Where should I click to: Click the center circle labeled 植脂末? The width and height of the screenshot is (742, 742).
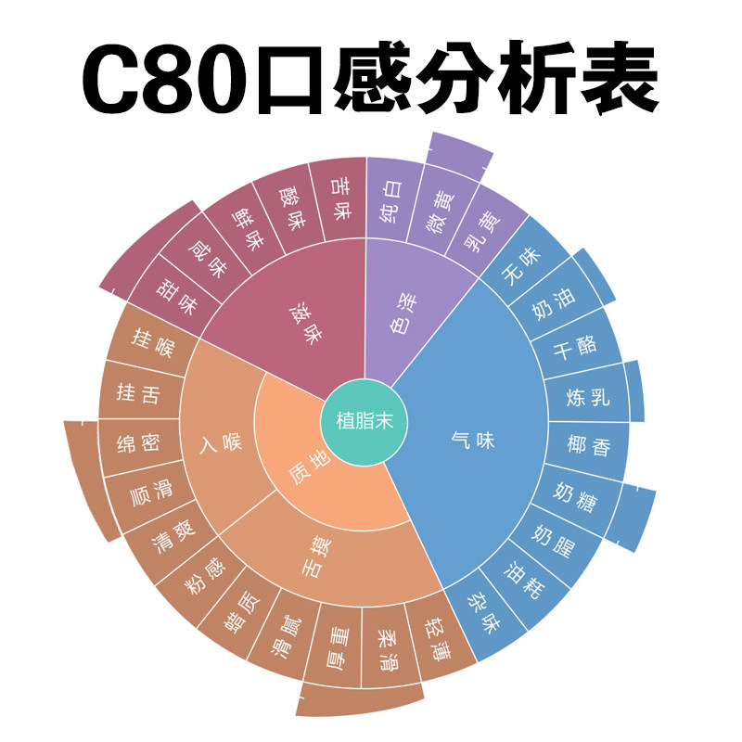(364, 420)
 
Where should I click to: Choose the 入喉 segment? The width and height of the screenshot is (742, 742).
(220, 443)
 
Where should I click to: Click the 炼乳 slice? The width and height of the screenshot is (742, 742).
(589, 399)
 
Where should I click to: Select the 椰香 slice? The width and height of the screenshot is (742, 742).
(590, 445)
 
